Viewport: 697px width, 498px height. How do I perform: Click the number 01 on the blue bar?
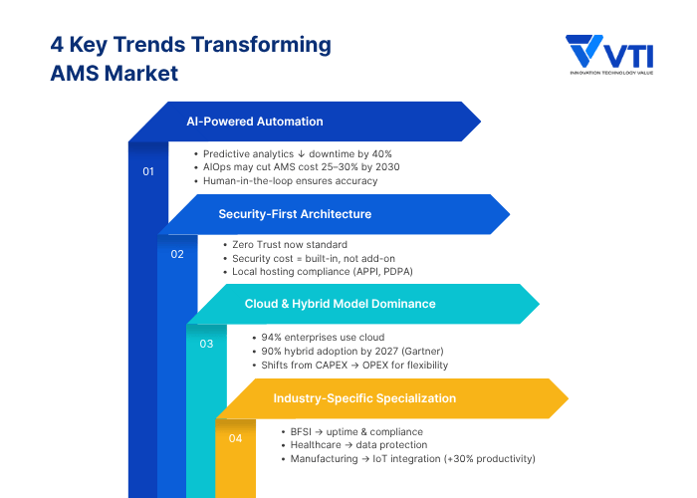click(148, 172)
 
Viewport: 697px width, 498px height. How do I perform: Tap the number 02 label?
click(177, 254)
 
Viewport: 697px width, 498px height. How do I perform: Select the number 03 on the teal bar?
click(206, 344)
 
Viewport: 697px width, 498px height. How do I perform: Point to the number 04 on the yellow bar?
click(235, 437)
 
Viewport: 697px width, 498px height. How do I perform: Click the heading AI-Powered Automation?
click(255, 122)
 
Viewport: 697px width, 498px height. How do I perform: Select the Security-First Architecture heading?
click(295, 213)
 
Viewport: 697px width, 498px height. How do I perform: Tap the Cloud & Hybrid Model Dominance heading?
click(340, 303)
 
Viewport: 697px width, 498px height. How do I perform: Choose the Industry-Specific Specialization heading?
click(364, 397)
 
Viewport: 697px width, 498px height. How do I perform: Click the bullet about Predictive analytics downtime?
click(297, 154)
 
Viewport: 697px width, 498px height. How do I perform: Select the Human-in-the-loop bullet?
click(290, 181)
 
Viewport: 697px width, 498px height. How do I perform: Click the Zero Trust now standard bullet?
click(290, 244)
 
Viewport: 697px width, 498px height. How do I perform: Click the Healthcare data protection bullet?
click(358, 444)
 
